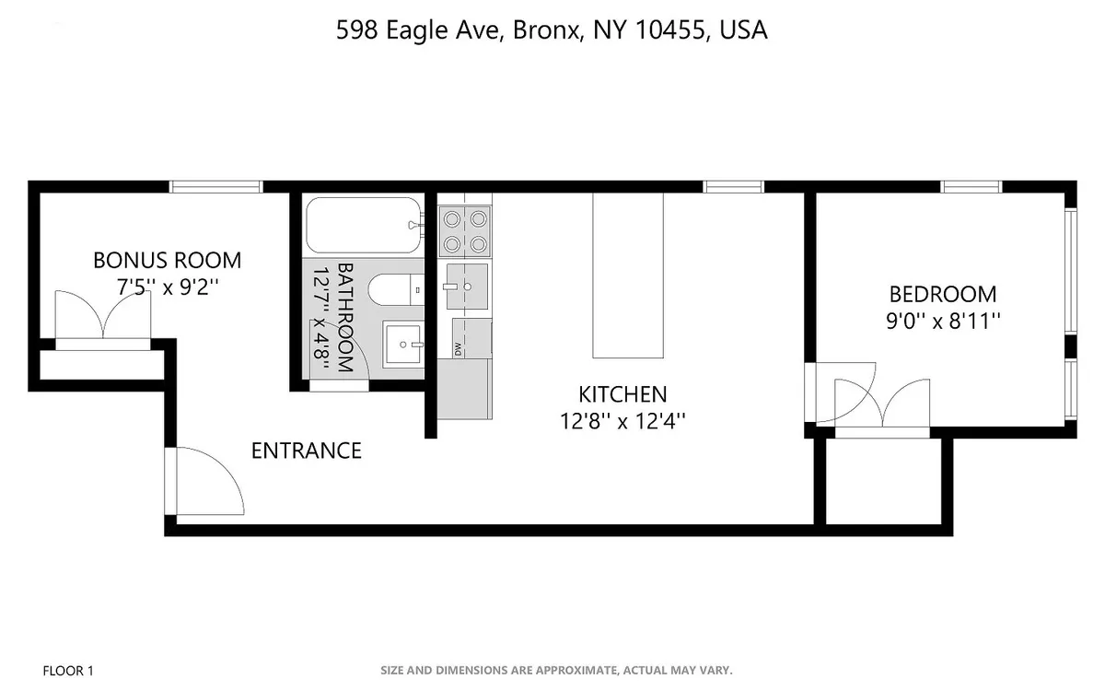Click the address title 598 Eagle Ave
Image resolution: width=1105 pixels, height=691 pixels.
[552, 30]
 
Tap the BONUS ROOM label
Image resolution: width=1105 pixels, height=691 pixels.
[167, 260]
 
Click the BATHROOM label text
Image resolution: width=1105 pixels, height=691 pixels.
[345, 317]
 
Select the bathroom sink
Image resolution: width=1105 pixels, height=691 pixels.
[402, 345]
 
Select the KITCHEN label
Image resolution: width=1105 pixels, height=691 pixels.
[622, 394]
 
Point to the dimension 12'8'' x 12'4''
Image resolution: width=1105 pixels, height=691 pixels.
[622, 421]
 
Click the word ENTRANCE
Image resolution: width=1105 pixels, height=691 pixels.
[306, 451]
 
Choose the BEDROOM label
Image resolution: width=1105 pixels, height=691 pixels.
[942, 295]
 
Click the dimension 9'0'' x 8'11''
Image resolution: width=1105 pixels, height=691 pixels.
[942, 322]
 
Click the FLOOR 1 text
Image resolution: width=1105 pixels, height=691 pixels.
[68, 670]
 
